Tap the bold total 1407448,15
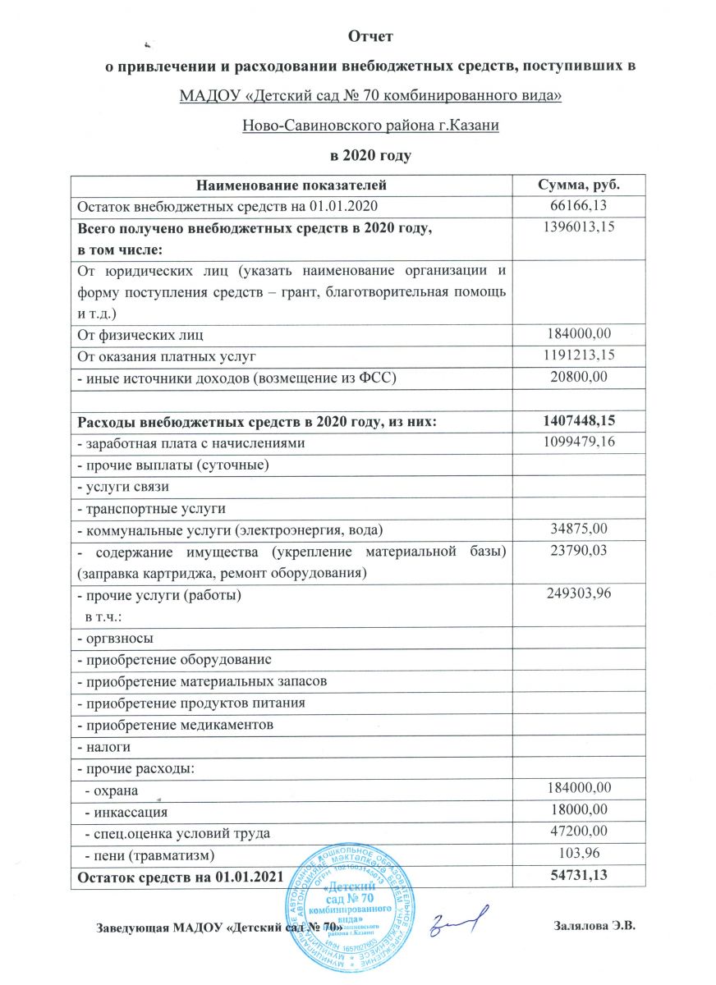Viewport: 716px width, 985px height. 577,422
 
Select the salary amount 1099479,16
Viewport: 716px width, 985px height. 577,443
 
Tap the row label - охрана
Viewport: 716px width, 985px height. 109,790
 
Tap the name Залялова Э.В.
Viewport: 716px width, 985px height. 596,928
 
